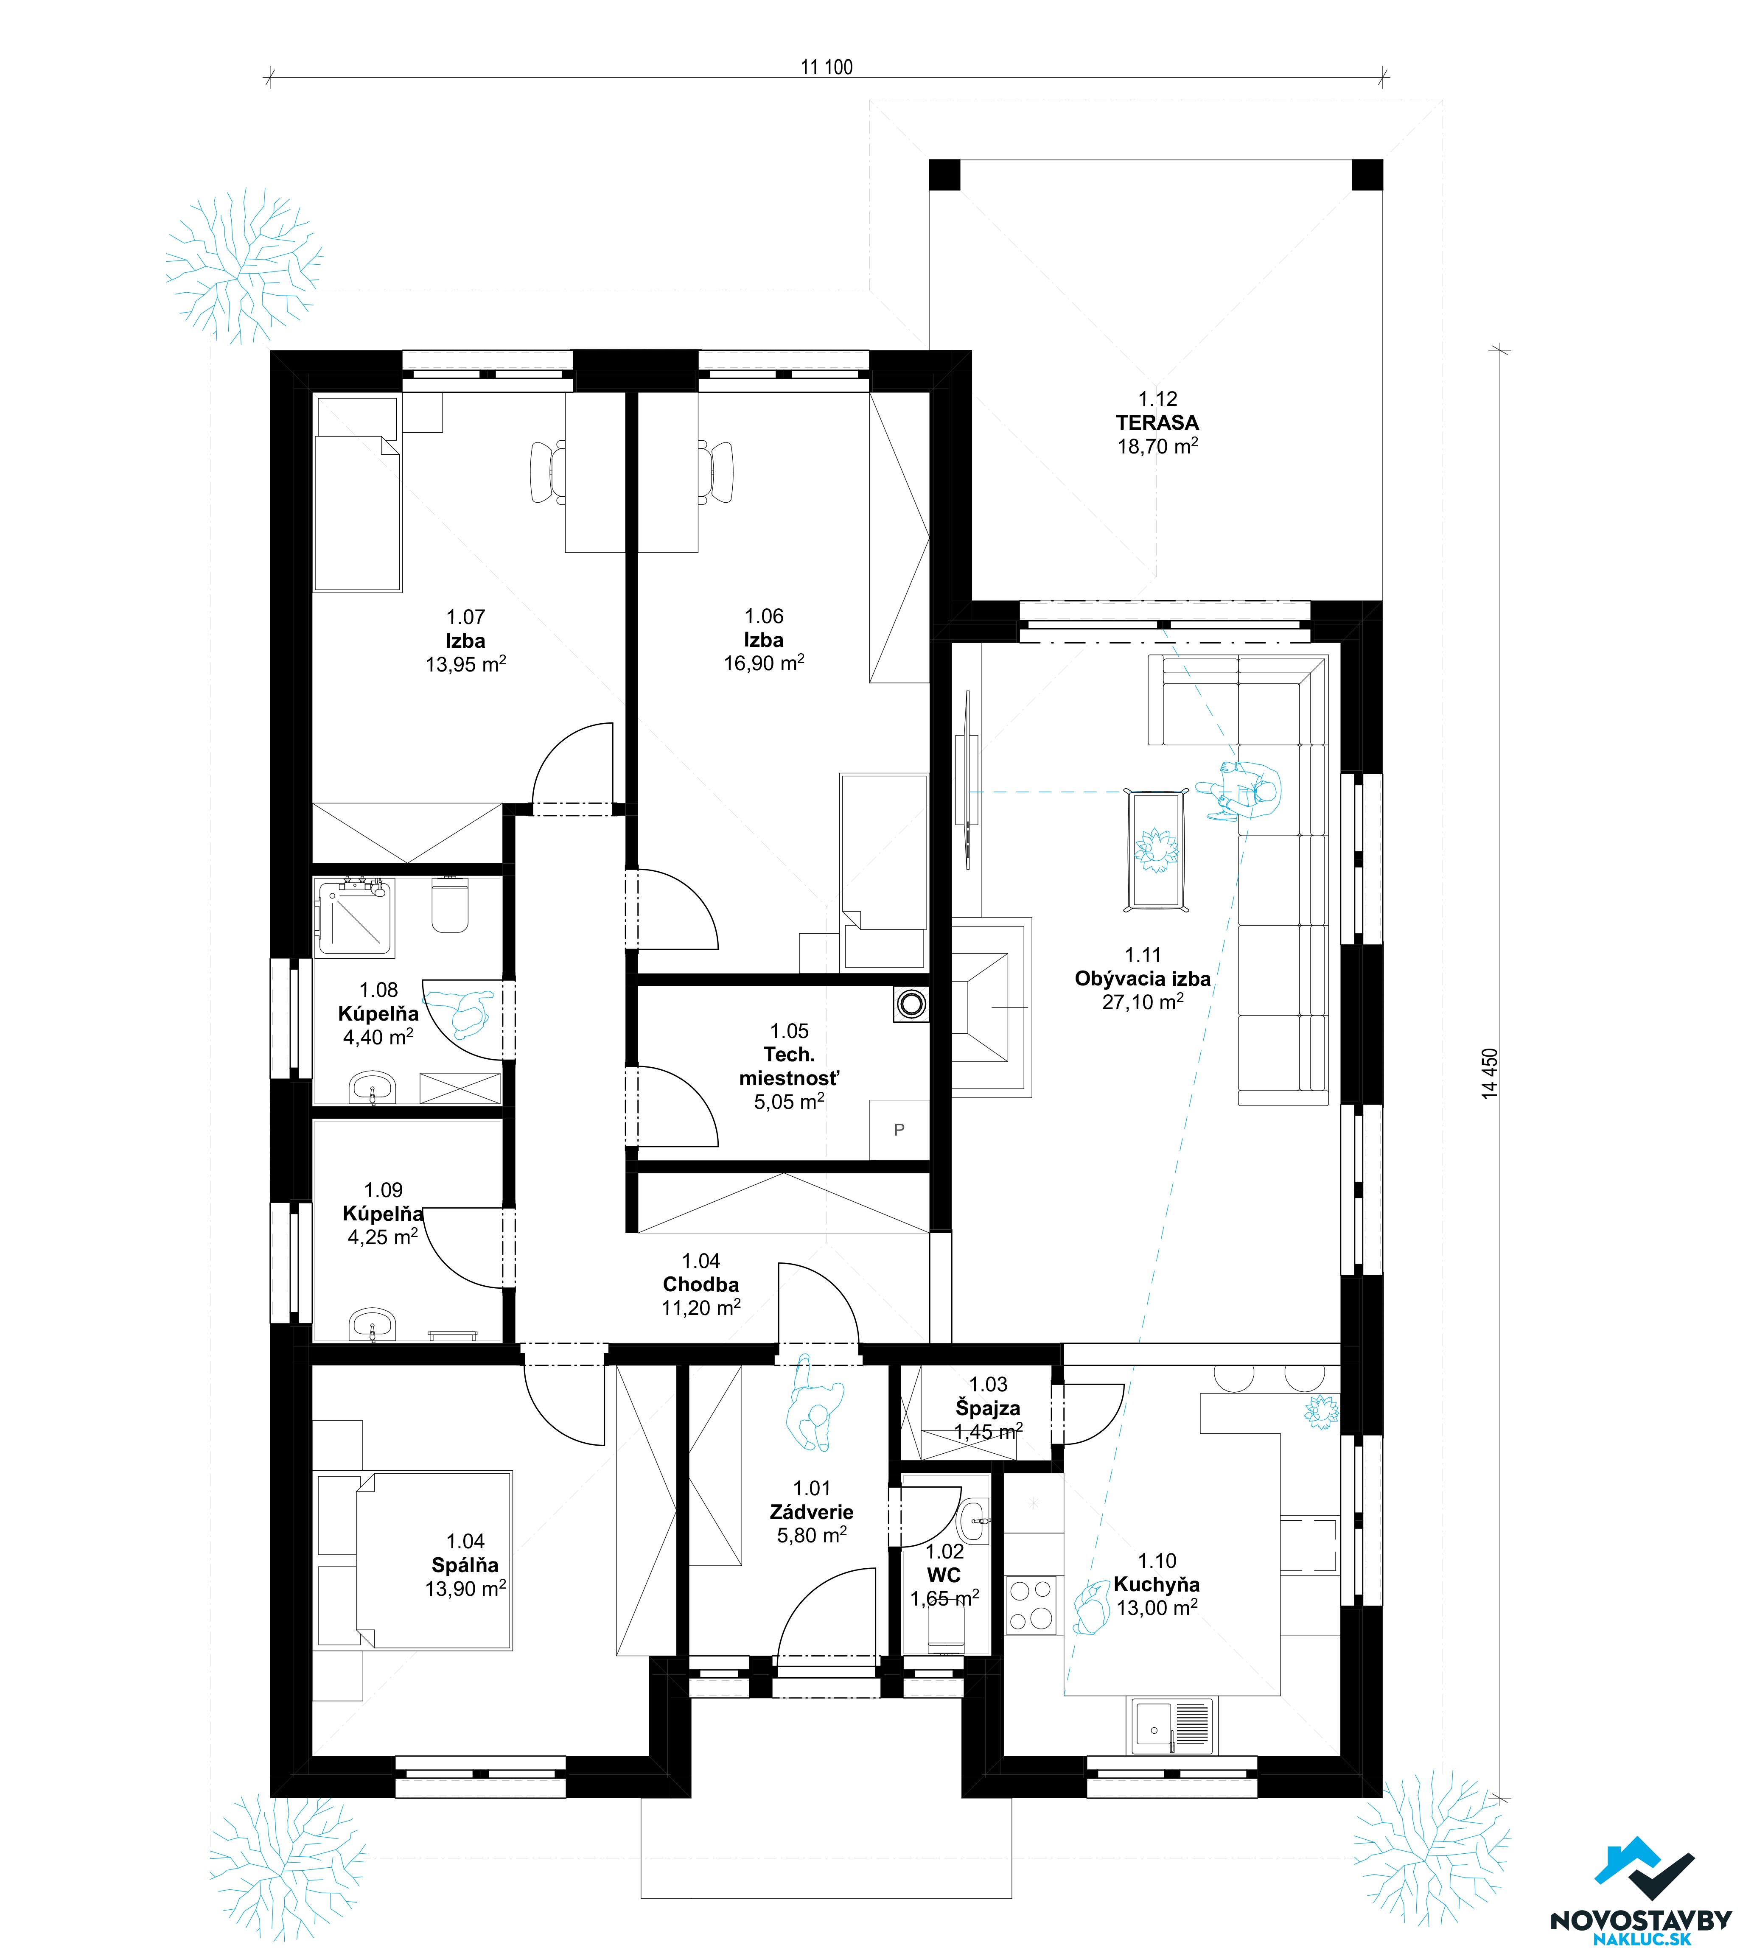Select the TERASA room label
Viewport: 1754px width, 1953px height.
coord(1157,422)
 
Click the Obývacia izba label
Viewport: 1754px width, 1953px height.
coord(1143,978)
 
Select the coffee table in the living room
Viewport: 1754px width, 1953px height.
coord(1157,851)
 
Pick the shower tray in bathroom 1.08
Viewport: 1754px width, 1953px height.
coord(355,917)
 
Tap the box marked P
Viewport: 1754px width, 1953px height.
coord(899,1129)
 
